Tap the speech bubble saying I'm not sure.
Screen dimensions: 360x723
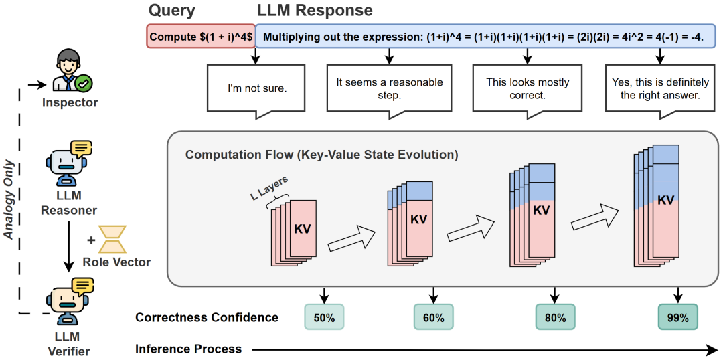pyautogui.click(x=256, y=87)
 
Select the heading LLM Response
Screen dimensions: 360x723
pyautogui.click(x=315, y=11)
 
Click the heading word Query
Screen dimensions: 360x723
pyautogui.click(x=172, y=11)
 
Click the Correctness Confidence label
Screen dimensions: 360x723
pyautogui.click(x=207, y=317)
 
